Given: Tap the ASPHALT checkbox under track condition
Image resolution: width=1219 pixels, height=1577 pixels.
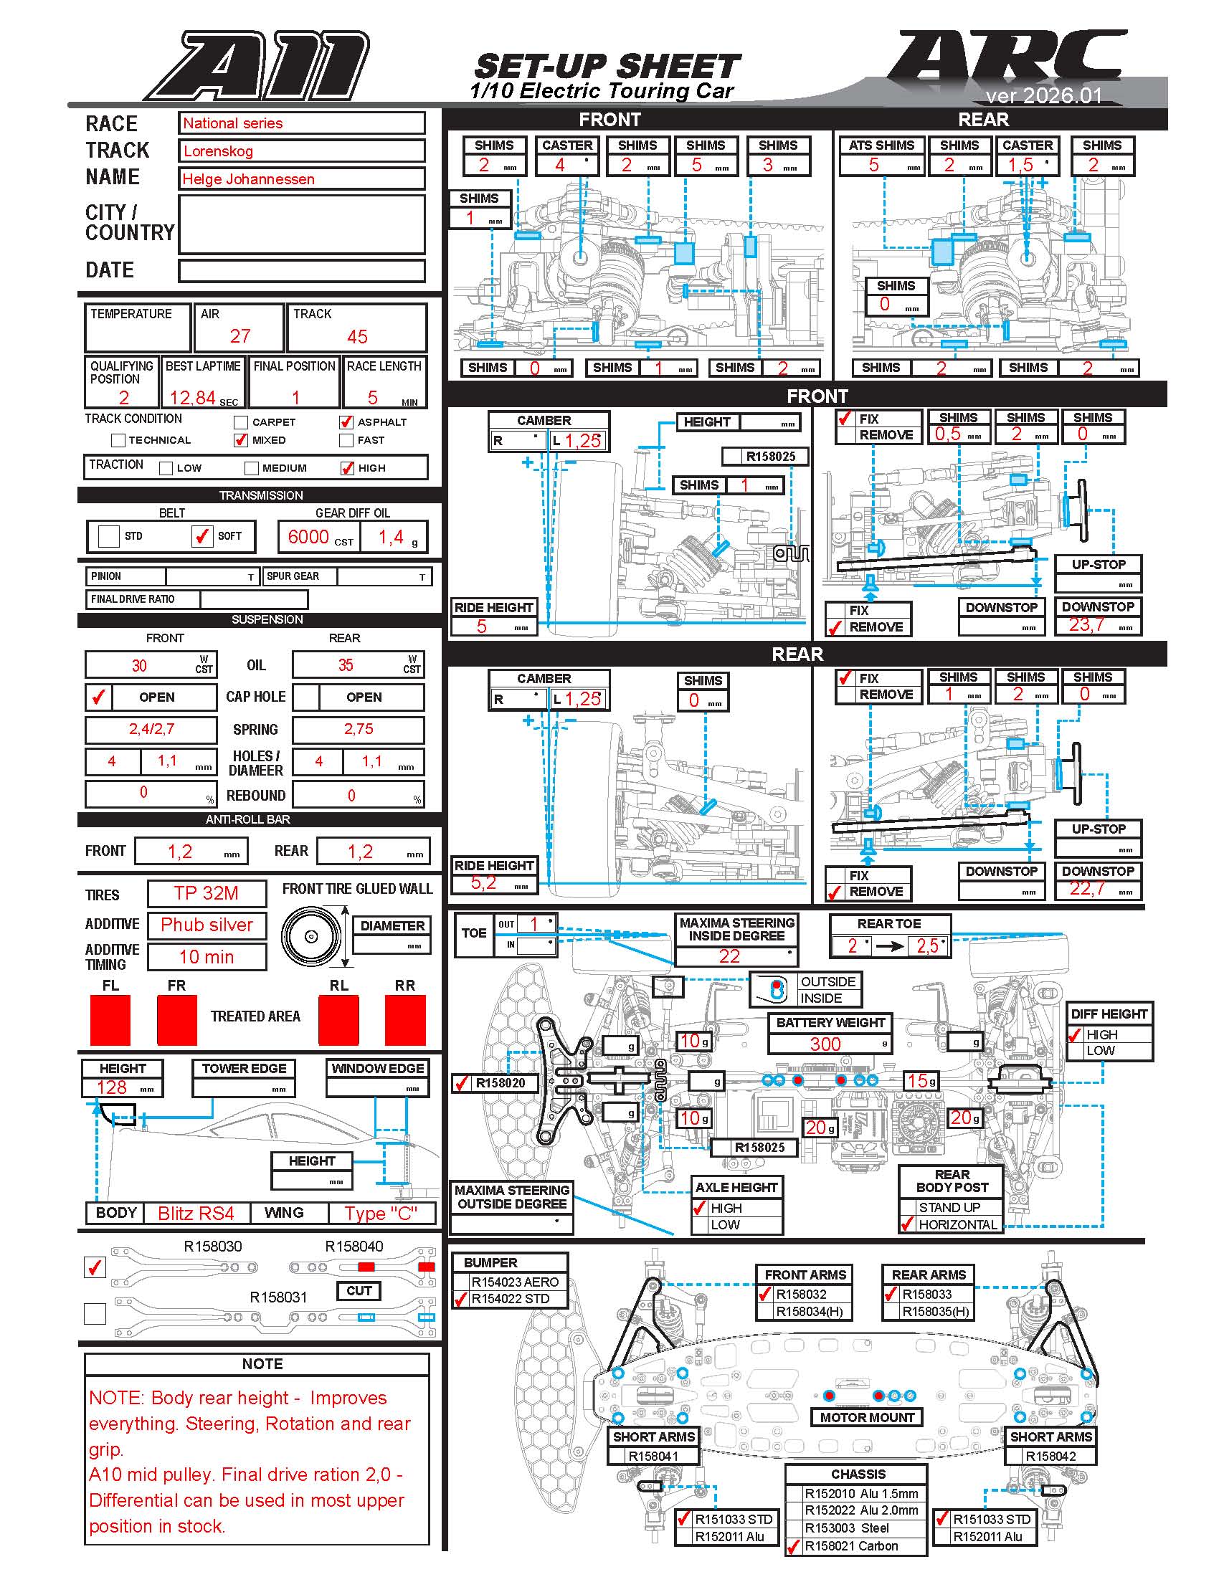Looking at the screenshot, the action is pyautogui.click(x=346, y=421).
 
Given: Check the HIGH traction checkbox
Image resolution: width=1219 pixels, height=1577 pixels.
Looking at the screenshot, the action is pyautogui.click(x=347, y=468).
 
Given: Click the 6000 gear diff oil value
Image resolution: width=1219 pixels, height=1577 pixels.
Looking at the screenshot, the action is pyautogui.click(x=308, y=536).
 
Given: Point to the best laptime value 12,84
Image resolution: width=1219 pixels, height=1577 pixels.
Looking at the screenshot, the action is pyautogui.click(x=192, y=398).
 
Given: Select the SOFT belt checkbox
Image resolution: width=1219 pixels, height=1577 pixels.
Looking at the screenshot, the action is pyautogui.click(x=202, y=536).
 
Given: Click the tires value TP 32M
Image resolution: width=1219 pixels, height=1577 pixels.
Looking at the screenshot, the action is pyautogui.click(x=206, y=893).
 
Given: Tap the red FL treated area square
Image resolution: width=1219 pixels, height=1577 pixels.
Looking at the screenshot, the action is pyautogui.click(x=110, y=1019).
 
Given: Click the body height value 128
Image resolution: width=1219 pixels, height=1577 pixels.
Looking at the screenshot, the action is pyautogui.click(x=111, y=1087).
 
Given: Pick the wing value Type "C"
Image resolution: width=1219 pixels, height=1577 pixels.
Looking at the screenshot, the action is pyautogui.click(x=381, y=1213).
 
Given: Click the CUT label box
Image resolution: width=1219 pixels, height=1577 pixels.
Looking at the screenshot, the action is pyautogui.click(x=359, y=1290).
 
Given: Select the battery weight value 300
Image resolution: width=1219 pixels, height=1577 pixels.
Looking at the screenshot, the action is pyautogui.click(x=825, y=1044).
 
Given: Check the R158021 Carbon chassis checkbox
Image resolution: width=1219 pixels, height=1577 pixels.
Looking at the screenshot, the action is pyautogui.click(x=794, y=1546).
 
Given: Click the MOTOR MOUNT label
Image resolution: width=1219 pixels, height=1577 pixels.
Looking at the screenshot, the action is pyautogui.click(x=867, y=1417).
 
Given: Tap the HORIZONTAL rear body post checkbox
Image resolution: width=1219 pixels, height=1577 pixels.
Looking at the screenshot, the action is pyautogui.click(x=908, y=1224).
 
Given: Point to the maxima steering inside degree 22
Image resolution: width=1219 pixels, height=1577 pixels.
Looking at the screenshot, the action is pyautogui.click(x=729, y=956).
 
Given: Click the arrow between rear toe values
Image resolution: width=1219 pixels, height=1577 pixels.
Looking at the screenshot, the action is pyautogui.click(x=890, y=946).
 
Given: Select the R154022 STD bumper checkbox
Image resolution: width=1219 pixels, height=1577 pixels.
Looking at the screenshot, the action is pyautogui.click(x=461, y=1299).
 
